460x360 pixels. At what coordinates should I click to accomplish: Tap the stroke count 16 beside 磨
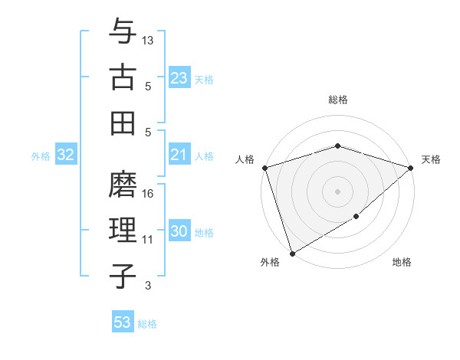(x=149, y=194)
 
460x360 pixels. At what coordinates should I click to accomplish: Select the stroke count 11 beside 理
(x=149, y=240)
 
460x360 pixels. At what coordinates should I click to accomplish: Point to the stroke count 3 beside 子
(x=148, y=286)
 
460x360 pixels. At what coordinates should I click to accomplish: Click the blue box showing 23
(x=179, y=77)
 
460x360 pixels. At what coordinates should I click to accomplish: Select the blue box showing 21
(x=179, y=155)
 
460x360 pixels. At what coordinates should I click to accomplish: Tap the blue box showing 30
(x=179, y=232)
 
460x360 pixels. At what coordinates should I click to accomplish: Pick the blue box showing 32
(x=66, y=155)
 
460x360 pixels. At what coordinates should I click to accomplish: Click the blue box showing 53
(x=123, y=322)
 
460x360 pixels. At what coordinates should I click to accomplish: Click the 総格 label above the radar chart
(x=337, y=100)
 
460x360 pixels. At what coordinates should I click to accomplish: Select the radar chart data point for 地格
(x=356, y=217)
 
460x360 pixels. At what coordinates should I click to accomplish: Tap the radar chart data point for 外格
(x=292, y=253)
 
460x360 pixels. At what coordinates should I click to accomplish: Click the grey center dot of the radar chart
(x=337, y=191)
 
